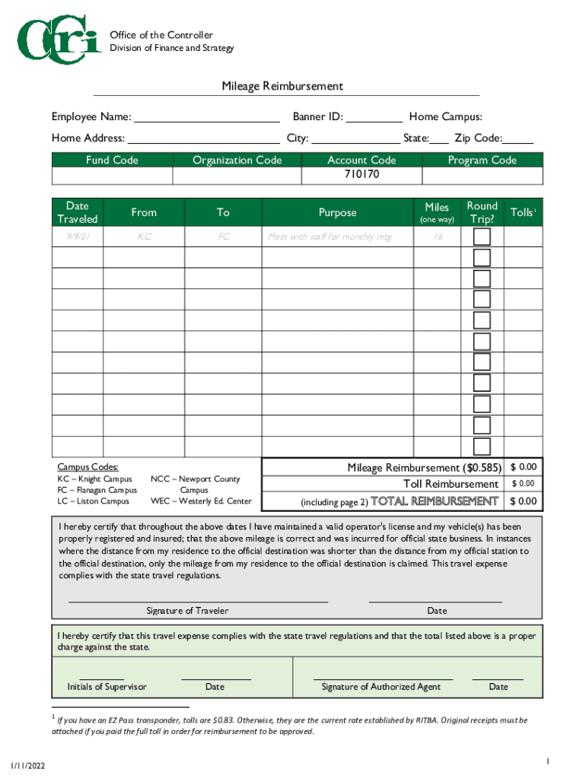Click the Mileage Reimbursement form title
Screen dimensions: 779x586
point(282,87)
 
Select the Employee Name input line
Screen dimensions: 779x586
point(206,118)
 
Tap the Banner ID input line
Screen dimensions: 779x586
point(374,118)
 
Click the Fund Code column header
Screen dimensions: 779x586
point(112,160)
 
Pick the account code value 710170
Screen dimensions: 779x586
point(361,174)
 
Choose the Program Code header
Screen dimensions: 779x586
point(482,160)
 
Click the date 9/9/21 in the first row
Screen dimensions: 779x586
point(77,237)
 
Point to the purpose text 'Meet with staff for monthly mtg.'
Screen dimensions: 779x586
point(330,237)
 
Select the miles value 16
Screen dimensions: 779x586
point(438,237)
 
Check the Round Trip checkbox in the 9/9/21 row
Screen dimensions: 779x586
point(482,237)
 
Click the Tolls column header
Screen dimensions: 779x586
point(522,212)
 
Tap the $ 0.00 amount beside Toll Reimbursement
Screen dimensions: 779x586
point(523,484)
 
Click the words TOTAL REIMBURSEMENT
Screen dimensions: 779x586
point(434,501)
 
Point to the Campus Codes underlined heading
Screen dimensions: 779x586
point(88,467)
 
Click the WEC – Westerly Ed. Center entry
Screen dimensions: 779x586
point(201,501)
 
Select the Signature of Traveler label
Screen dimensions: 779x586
point(187,611)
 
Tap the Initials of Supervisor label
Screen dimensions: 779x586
point(107,687)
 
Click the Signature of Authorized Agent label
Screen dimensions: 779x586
point(381,687)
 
